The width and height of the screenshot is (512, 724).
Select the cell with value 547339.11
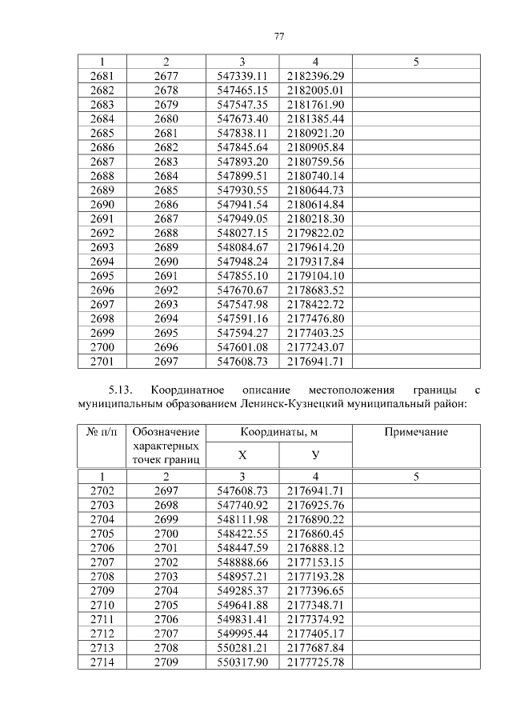(242, 75)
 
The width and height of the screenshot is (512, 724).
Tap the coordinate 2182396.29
(315, 75)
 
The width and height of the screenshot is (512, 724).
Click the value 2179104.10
(315, 275)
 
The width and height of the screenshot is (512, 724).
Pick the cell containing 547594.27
(242, 332)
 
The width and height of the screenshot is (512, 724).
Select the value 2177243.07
(315, 346)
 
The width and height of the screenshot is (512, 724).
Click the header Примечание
(416, 432)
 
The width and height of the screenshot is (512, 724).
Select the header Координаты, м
(279, 432)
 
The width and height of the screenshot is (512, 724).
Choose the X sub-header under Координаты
(242, 454)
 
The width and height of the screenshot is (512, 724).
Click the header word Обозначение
(166, 432)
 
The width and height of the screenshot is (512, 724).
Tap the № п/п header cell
(102, 432)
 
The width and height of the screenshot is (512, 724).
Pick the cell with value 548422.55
(242, 533)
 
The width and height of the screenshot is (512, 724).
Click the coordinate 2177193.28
(315, 576)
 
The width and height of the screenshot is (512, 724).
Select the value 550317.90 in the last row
(242, 662)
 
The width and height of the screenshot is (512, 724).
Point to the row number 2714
(102, 662)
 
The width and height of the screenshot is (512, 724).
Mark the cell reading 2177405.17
(315, 634)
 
